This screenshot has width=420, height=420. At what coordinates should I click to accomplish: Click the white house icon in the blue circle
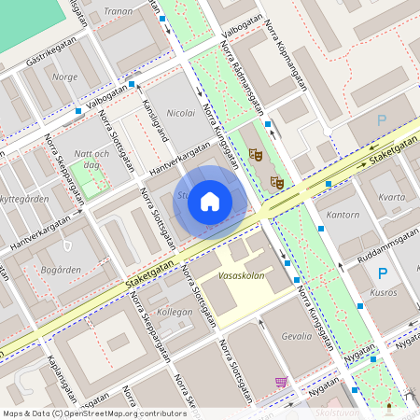pos(210,201)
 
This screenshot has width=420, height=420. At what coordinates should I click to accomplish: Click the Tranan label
pos(119,11)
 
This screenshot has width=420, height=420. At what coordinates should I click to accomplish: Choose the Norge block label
pos(65,77)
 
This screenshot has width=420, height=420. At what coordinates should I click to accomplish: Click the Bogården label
pos(63,270)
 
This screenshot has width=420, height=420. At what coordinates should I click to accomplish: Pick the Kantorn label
pos(343,215)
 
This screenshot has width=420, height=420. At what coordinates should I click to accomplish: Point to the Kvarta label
pos(393,197)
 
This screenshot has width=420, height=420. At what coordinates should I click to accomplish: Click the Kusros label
pos(383,293)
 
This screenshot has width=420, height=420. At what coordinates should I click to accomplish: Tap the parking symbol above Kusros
pos(381,273)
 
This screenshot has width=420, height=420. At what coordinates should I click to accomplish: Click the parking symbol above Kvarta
pos(381,119)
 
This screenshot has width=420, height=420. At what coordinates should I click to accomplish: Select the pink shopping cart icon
pos(281,383)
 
